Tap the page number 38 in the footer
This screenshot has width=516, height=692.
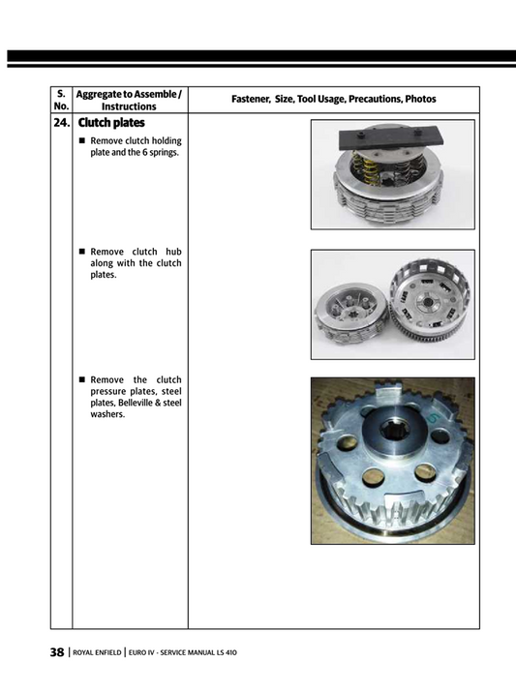[x=57, y=652]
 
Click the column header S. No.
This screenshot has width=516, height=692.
[x=61, y=100]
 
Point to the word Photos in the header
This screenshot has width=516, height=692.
[x=420, y=100]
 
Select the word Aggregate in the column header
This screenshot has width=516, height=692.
[x=101, y=94]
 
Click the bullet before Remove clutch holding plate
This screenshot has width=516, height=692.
[x=82, y=141]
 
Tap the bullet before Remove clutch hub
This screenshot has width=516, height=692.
[x=82, y=251]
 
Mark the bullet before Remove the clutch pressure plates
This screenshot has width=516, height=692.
[x=82, y=379]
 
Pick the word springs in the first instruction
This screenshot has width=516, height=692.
[x=163, y=153]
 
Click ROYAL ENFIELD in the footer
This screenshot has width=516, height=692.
[x=97, y=653]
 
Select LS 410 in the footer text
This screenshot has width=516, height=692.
[x=224, y=653]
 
